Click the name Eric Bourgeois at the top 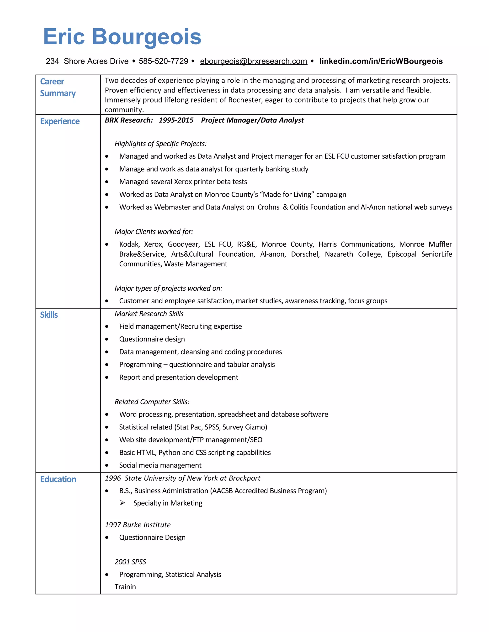pyautogui.click(x=122, y=37)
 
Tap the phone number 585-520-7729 pyautogui.click(x=163, y=61)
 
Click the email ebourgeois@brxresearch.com pyautogui.click(x=254, y=61)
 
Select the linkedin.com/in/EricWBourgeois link pyautogui.click(x=381, y=61)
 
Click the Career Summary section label pyautogui.click(x=58, y=87)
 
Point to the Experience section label pyautogui.click(x=60, y=121)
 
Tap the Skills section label pyautogui.click(x=49, y=315)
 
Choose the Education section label pyautogui.click(x=58, y=479)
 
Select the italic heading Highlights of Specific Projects pyautogui.click(x=160, y=144)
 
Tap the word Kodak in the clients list pyautogui.click(x=129, y=244)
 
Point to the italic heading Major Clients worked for pyautogui.click(x=154, y=232)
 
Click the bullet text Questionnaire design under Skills pyautogui.click(x=152, y=339)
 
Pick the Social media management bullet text pyautogui.click(x=160, y=465)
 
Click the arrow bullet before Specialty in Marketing pyautogui.click(x=122, y=503)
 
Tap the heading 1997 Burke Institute pyautogui.click(x=138, y=525)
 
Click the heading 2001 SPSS pyautogui.click(x=130, y=562)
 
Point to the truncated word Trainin pyautogui.click(x=125, y=587)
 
